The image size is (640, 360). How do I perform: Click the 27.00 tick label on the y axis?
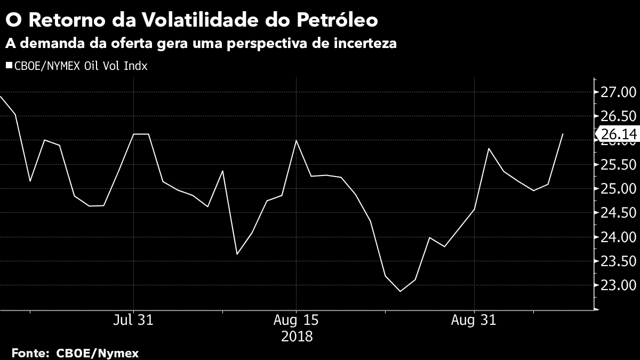click(617, 93)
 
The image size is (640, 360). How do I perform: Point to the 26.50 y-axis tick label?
click(617, 117)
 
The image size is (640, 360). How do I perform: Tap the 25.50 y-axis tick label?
click(617, 165)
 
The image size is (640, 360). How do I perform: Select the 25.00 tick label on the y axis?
click(617, 189)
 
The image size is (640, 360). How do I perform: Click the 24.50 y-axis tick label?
click(617, 213)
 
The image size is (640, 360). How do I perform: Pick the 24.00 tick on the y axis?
click(617, 237)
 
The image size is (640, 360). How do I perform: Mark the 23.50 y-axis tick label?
click(617, 261)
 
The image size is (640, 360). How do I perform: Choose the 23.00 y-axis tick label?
click(617, 285)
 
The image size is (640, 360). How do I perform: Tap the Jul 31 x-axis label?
click(133, 321)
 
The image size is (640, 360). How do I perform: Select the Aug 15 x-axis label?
click(296, 321)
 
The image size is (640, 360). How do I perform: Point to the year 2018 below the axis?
click(296, 337)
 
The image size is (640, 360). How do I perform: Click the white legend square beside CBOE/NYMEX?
click(9, 66)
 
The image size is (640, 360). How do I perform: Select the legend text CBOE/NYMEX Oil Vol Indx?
click(81, 66)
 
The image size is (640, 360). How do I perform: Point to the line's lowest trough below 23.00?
click(400, 291)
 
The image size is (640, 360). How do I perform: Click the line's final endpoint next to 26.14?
click(563, 134)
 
